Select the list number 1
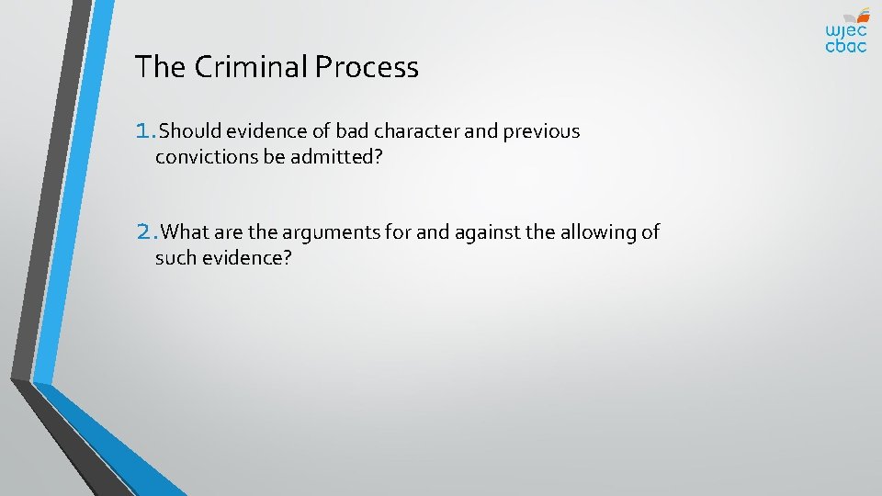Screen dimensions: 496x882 144,131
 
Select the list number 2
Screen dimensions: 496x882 146,232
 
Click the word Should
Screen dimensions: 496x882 190,131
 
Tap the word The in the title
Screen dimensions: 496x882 154,67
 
